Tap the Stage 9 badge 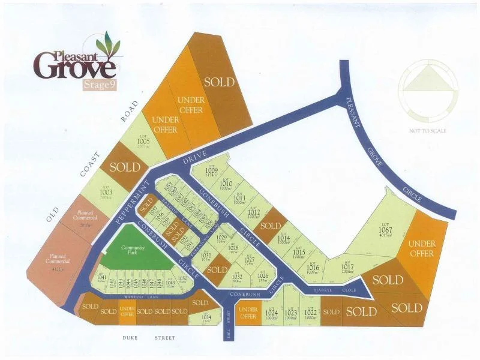point(99,85)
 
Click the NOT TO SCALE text point(428,130)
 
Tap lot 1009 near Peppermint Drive point(211,171)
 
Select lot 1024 point(271,313)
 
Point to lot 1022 point(310,313)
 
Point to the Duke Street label point(149,338)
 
